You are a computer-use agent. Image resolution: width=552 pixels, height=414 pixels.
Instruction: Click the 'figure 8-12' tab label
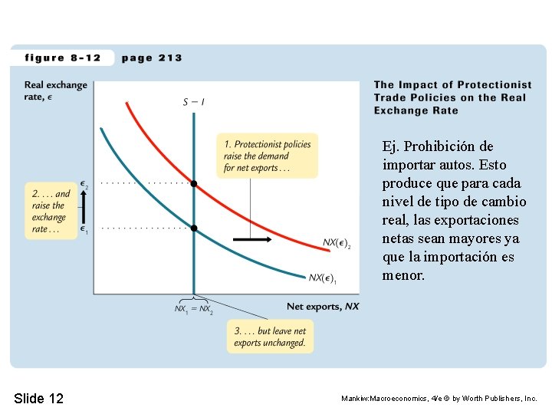pos(63,58)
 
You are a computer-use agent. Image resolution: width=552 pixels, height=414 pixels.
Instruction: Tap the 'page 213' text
pos(152,58)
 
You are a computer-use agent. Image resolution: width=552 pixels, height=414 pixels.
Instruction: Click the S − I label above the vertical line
pos(194,102)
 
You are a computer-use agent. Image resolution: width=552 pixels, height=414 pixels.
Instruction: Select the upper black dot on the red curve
pos(194,184)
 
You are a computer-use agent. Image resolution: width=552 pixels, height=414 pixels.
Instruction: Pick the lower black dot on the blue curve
pos(194,228)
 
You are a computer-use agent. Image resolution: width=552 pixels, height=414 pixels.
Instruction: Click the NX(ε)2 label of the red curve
pos(337,243)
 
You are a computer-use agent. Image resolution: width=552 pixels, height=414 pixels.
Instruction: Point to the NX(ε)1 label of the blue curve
pos(323,278)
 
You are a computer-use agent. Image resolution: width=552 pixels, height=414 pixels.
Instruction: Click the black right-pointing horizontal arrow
pos(252,239)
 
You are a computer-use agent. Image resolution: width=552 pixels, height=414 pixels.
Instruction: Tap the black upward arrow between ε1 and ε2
pos(84,207)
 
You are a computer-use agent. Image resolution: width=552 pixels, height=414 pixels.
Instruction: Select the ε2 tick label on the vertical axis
pos(84,185)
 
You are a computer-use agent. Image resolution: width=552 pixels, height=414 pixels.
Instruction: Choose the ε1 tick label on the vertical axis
pos(84,229)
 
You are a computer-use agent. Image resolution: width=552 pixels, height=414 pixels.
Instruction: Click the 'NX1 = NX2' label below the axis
pos(194,309)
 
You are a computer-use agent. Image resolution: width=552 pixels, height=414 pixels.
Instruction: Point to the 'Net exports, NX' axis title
pos(323,306)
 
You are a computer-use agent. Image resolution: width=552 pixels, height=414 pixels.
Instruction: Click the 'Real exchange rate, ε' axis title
pos(56,90)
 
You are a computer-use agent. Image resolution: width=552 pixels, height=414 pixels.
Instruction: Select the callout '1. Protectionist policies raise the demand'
pos(268,156)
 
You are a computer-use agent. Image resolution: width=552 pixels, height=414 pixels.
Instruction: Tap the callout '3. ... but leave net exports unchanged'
pos(270,337)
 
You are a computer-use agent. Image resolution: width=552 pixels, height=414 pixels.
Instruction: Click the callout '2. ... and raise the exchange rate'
pos(51,211)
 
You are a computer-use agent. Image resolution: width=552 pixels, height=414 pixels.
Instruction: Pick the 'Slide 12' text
pos(39,398)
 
